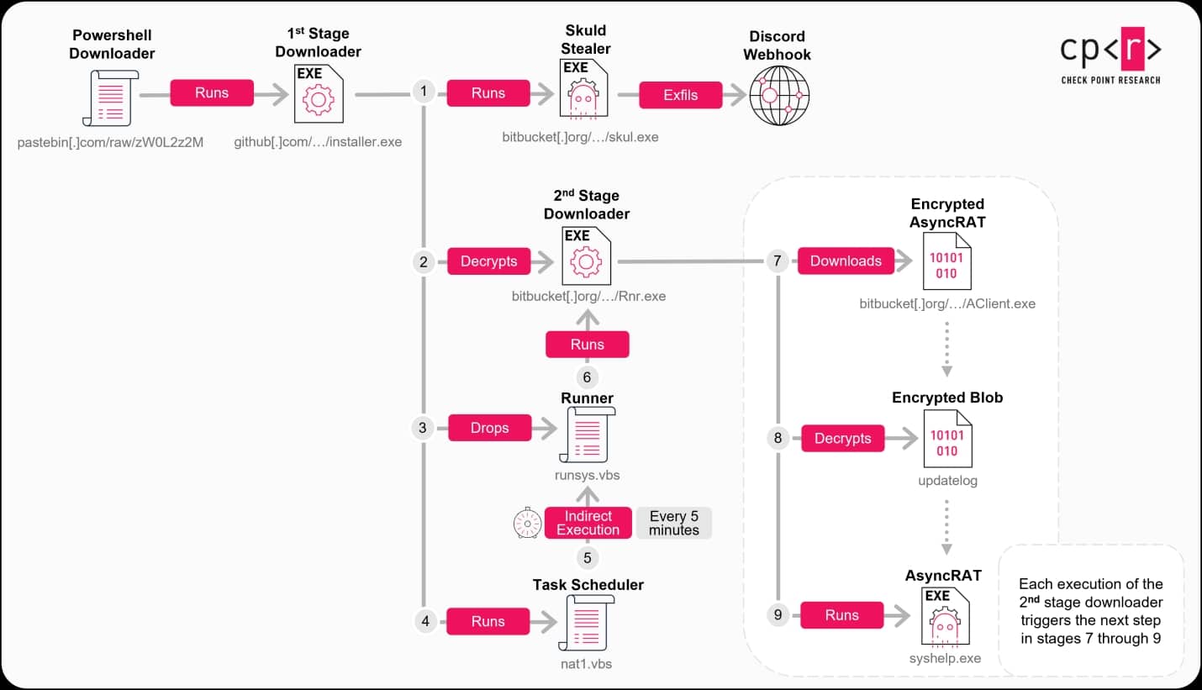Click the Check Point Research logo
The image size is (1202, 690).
1110,59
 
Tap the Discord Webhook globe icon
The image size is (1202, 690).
778,96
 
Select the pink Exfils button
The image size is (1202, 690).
680,95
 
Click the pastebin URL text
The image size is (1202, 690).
110,142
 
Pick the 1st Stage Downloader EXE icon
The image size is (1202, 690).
318,94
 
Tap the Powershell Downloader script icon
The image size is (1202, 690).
109,97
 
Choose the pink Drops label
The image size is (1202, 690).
489,428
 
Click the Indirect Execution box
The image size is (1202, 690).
588,523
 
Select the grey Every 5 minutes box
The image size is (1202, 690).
674,523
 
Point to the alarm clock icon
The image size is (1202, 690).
526,523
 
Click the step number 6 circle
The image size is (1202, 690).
587,377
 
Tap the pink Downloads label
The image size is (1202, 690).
845,261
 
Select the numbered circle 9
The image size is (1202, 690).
778,615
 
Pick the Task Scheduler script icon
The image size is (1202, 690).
588,622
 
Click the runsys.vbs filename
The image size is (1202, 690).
587,475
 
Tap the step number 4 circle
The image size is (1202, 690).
425,621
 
